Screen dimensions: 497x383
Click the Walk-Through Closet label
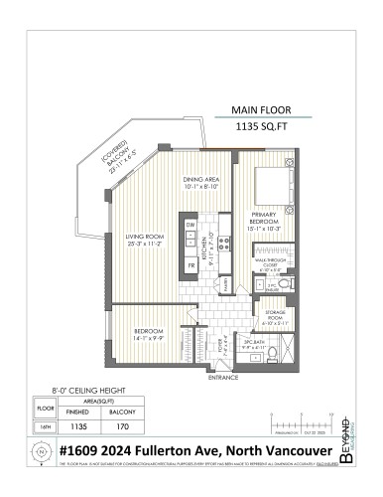point(272,266)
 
